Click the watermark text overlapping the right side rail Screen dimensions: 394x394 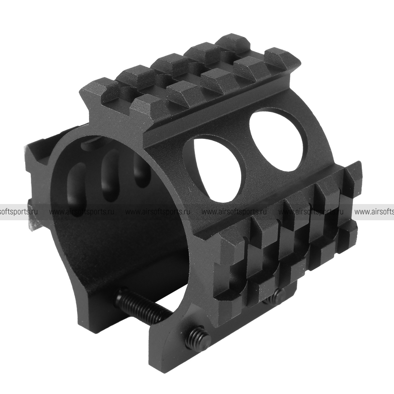coord(311,212)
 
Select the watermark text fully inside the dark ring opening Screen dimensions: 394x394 coord(82,212)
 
